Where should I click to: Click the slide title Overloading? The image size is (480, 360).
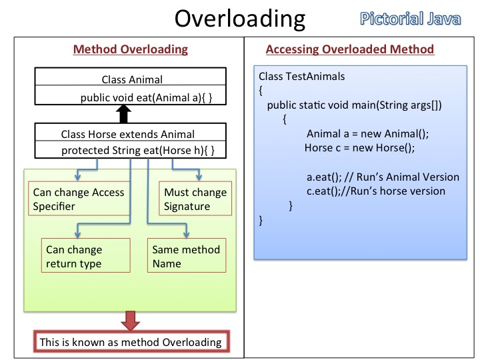click(239, 19)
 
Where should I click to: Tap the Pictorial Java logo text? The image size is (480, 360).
click(411, 18)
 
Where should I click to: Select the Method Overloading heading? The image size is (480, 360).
click(130, 49)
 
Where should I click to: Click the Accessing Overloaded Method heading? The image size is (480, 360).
click(349, 49)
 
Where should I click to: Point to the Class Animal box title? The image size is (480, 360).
click(131, 79)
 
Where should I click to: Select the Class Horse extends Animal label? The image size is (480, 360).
click(127, 133)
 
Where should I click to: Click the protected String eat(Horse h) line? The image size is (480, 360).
click(137, 151)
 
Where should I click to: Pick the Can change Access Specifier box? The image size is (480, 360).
click(79, 199)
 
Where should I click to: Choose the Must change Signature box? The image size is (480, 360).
click(195, 199)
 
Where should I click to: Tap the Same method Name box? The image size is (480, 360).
click(187, 257)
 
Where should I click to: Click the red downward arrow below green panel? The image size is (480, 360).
click(130, 321)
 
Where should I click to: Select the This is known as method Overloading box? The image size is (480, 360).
click(130, 342)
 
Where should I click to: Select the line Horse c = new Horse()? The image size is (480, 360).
click(359, 148)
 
